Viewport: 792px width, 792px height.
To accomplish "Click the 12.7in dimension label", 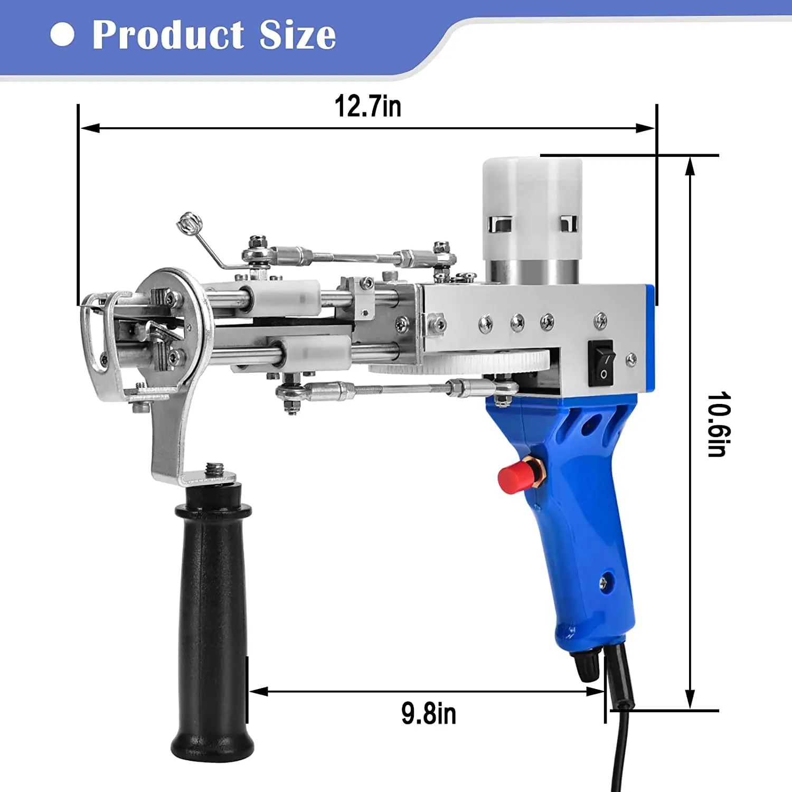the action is (368, 106).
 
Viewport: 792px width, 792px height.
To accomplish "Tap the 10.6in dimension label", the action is (719, 424).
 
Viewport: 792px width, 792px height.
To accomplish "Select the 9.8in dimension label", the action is (429, 713).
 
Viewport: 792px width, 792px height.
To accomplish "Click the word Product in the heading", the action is (168, 35).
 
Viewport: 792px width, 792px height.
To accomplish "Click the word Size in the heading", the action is (298, 35).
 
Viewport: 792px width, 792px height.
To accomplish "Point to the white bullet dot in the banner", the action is (62, 34).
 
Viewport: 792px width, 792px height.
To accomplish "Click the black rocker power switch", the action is (601, 363).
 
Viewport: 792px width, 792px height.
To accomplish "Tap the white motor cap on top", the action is (532, 209).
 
